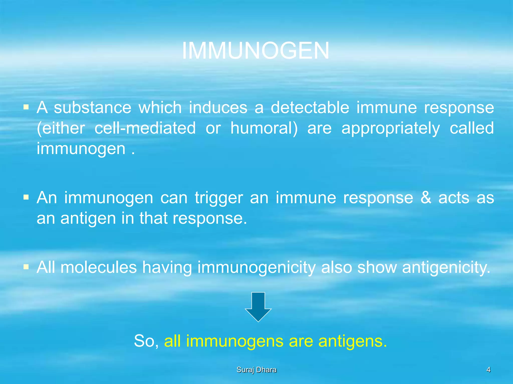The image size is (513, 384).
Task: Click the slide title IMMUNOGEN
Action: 255,51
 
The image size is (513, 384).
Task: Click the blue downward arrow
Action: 258,306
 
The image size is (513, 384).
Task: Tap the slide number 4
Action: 488,369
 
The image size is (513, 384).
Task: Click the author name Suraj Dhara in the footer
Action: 256,369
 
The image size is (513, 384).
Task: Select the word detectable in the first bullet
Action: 310,108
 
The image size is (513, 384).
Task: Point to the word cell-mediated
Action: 145,128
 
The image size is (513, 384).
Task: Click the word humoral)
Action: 264,128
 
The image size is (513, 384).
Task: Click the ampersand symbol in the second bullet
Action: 426,198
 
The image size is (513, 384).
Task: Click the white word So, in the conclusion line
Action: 146,341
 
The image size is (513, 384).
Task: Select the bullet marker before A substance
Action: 26,107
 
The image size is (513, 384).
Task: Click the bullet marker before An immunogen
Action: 26,197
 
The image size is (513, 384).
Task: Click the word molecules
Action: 99,267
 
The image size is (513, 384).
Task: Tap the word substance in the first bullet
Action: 92,108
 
